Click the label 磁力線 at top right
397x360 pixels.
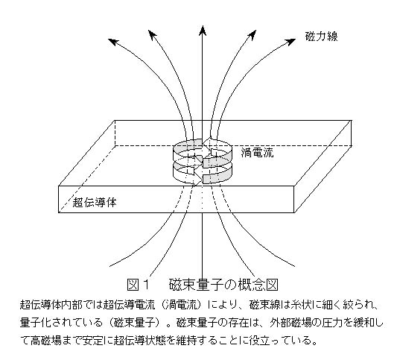tap(321, 37)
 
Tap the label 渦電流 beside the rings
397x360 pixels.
tap(257, 153)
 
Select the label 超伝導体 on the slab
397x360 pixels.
tap(95, 203)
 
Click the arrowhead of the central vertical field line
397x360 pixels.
tap(203, 31)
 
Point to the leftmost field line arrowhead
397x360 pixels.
tap(113, 42)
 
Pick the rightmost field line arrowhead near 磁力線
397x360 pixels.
tap(290, 42)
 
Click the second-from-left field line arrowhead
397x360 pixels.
tap(153, 35)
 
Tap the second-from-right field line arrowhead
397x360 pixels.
tap(252, 35)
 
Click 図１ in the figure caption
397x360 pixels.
tap(139, 284)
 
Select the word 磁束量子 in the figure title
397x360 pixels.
tap(197, 284)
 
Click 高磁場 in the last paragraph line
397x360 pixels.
tap(46, 340)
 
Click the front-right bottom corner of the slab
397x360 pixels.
tap(294, 212)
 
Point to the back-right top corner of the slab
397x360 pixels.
tap(352, 120)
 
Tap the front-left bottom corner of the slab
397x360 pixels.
tap(59, 212)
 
